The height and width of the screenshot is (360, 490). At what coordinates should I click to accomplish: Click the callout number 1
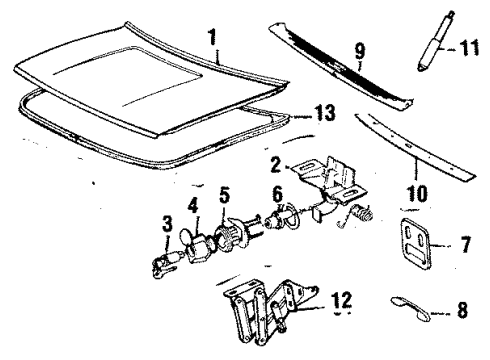pos(212,41)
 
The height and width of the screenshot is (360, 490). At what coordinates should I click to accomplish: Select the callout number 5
pos(224,193)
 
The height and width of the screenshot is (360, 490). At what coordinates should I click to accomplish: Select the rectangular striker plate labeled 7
pos(415,243)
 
